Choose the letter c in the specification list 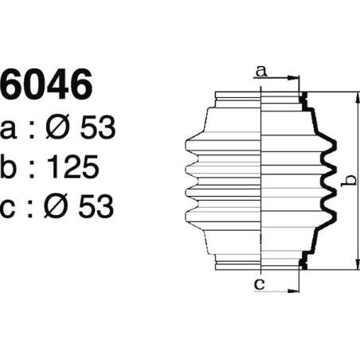11,208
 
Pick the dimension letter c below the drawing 260,284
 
